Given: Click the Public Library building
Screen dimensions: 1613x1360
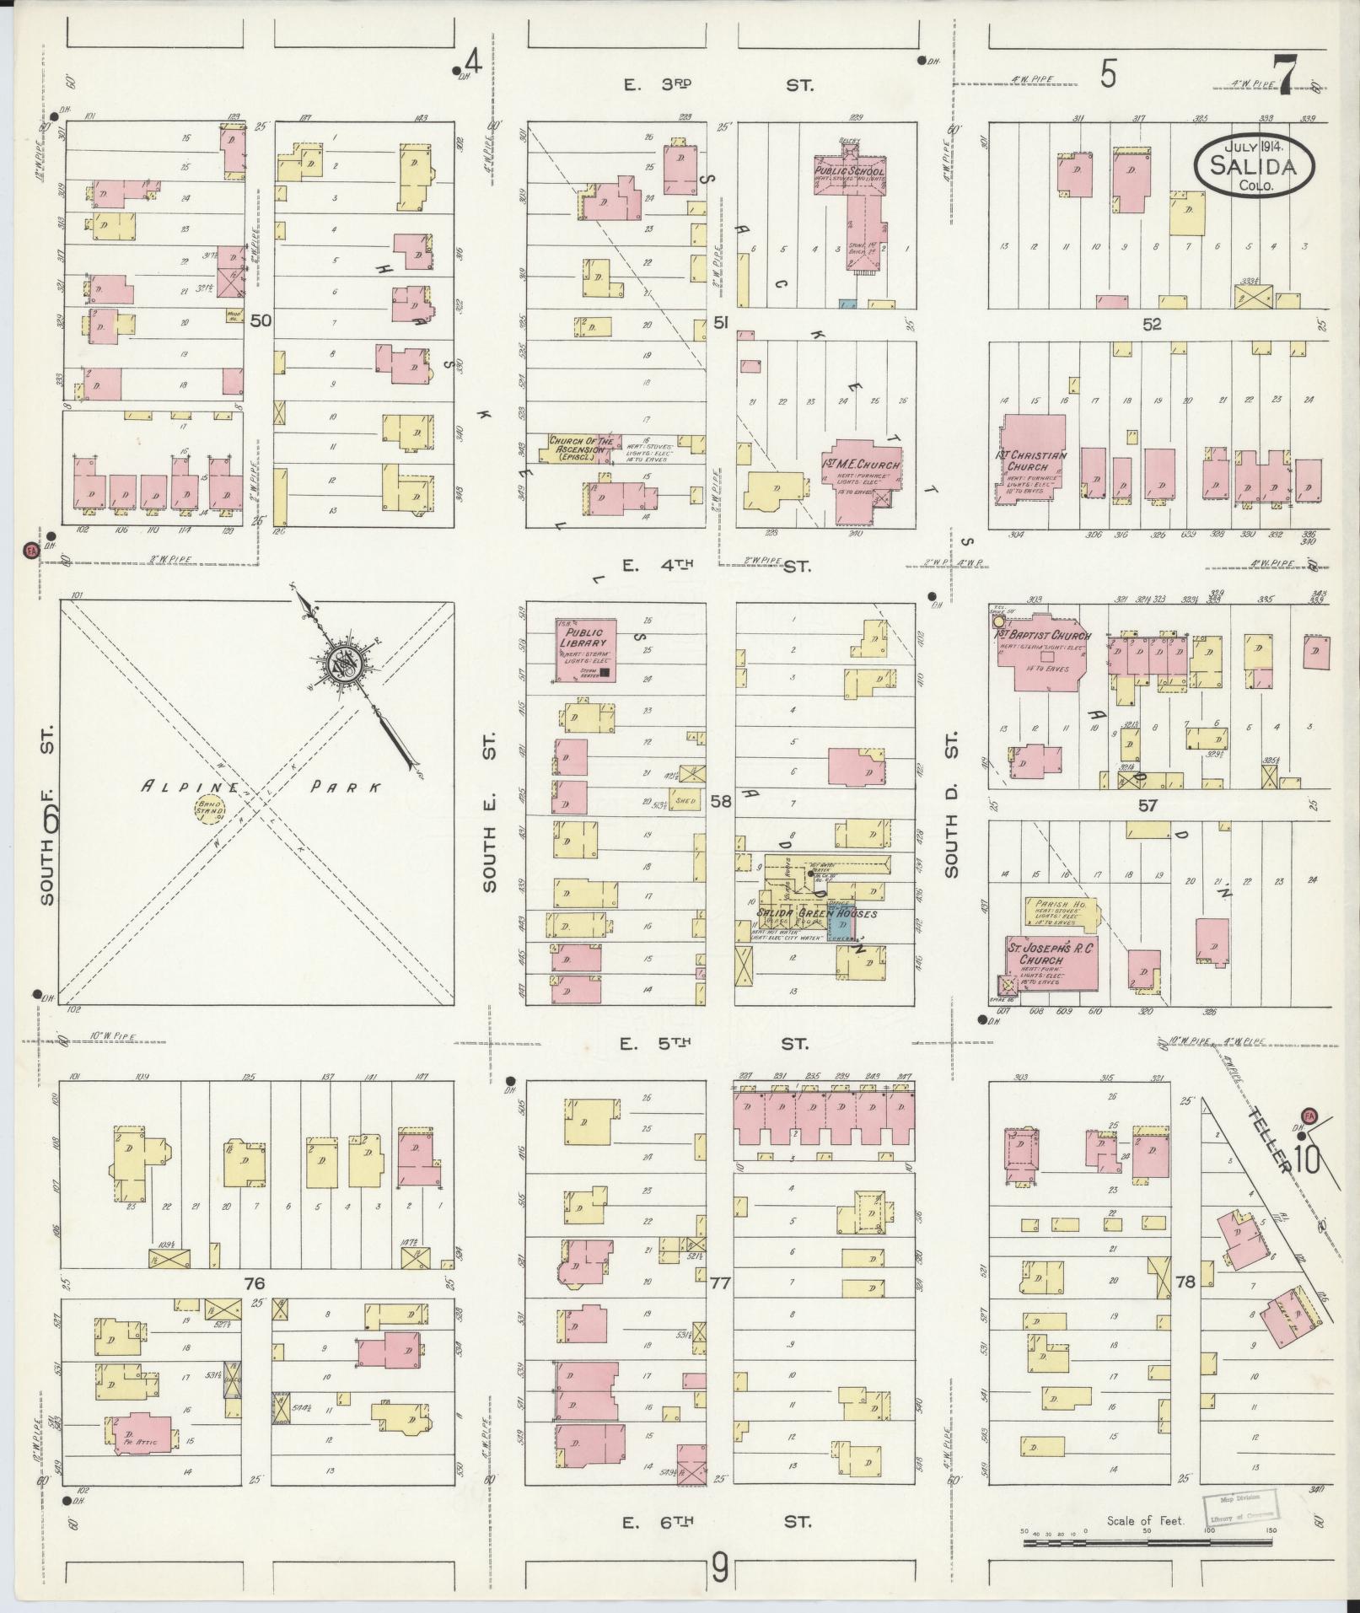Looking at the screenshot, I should pos(585,650).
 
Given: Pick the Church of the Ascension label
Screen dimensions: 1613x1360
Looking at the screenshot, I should pos(578,444).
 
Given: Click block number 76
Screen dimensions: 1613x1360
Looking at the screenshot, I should pos(255,1307).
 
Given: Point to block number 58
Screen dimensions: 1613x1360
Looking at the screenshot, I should pos(721,801).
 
